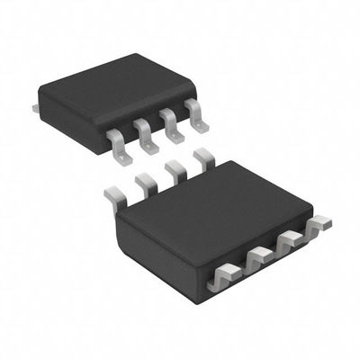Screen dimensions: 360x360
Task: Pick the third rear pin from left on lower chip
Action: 174,172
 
